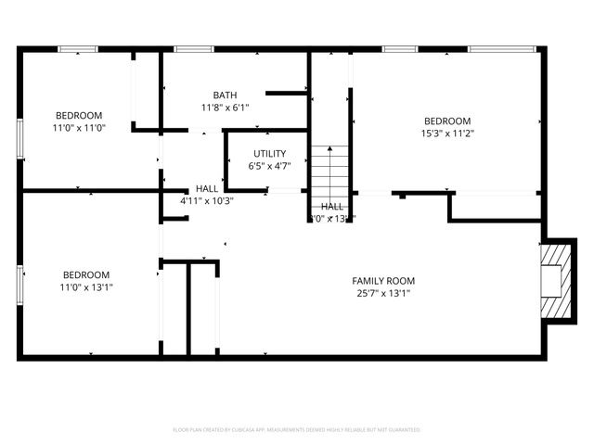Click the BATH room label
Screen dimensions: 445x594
[x=225, y=95]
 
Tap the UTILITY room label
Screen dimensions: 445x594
[x=269, y=153]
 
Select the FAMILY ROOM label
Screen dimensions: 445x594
[x=382, y=280]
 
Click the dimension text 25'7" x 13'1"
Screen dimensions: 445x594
[x=382, y=293]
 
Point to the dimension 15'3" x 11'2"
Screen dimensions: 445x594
[x=447, y=133]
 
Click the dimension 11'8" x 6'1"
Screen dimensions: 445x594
[x=225, y=108]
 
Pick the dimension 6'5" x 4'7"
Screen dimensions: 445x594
[x=269, y=166]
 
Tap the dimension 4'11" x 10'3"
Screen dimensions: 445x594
[x=206, y=200]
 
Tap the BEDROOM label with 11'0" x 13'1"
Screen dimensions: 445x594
[x=86, y=274]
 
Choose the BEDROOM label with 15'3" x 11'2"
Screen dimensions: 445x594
[x=447, y=121]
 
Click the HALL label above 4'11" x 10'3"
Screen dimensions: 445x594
[x=207, y=188]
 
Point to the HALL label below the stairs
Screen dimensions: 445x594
[x=332, y=206]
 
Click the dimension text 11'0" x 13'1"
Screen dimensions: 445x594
[x=86, y=287]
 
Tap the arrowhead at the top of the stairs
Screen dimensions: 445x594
[x=329, y=148]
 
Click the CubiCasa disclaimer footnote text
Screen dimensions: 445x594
[x=297, y=430]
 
